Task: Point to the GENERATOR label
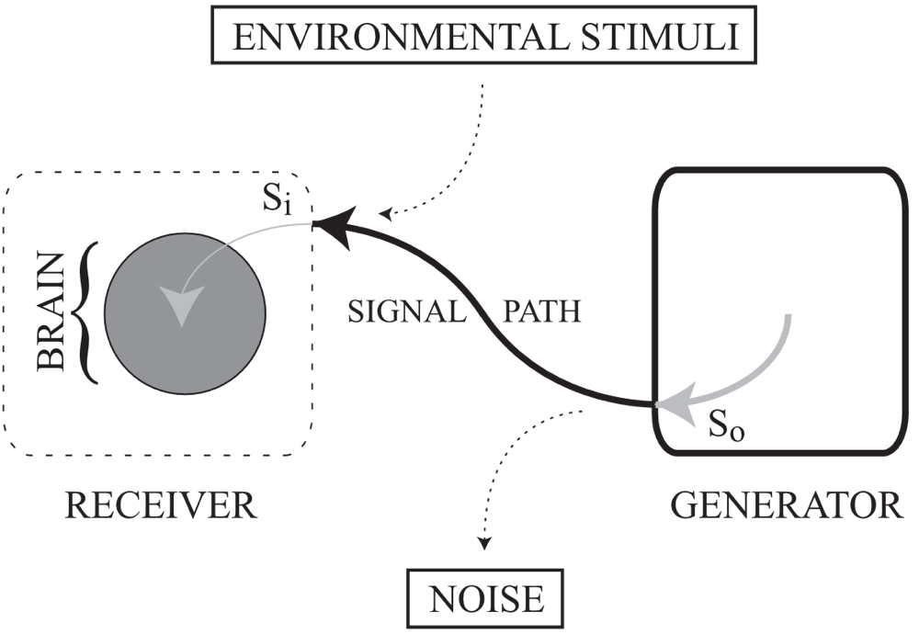786,505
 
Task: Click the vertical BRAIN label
51,311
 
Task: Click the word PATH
542,312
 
